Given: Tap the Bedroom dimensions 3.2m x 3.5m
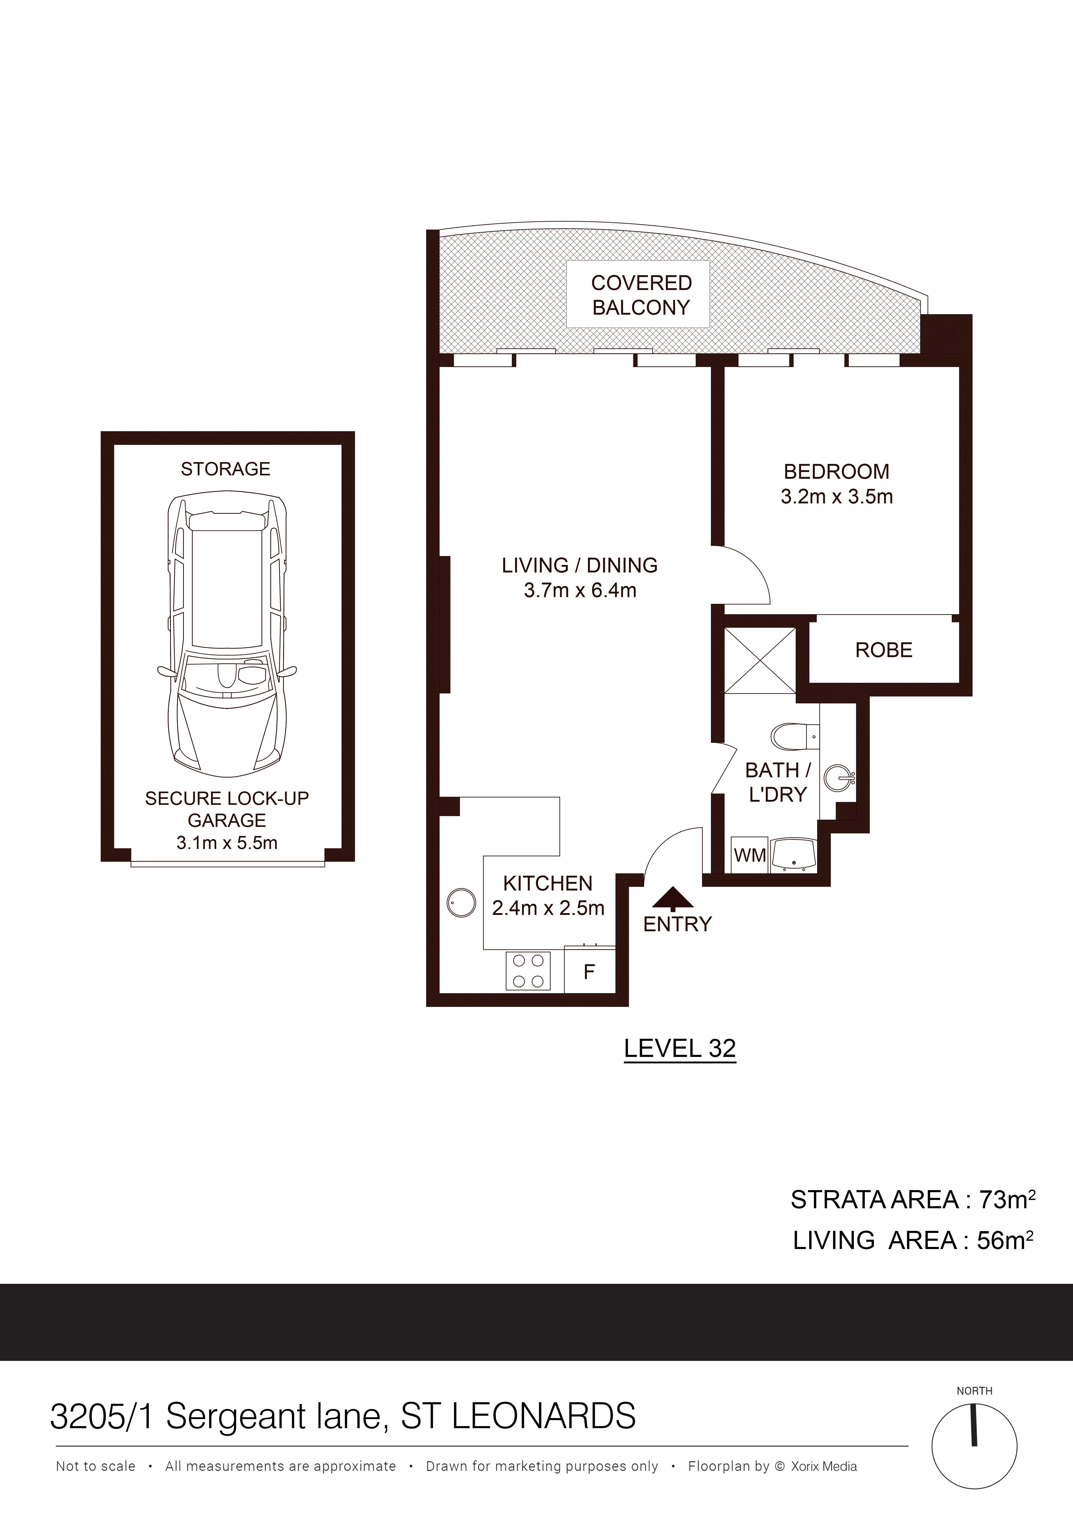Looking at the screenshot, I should point(836,496).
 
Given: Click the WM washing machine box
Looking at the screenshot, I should point(750,855).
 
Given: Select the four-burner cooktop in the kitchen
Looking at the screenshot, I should point(528,970).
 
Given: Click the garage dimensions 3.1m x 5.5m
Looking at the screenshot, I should point(227,843).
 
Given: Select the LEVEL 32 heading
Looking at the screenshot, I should point(680,1049).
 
